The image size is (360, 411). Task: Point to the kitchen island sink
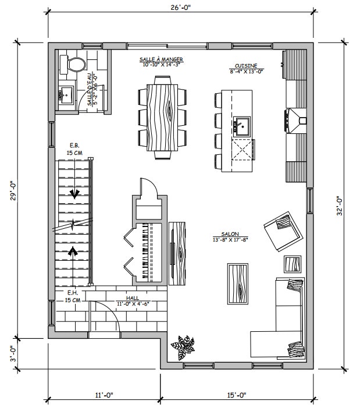[x=241, y=126]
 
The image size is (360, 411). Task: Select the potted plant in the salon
[x=183, y=347]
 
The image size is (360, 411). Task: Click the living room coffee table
[x=238, y=284]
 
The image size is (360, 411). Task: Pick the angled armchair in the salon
[x=283, y=231]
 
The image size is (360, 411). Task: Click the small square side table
[x=293, y=264]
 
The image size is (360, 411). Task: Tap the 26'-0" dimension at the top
[x=181, y=8]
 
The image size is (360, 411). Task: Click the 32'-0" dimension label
[x=339, y=206]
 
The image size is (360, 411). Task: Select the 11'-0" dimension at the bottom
[x=104, y=395]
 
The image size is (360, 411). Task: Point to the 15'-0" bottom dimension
[x=237, y=395]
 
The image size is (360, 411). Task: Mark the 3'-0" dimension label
[x=13, y=353]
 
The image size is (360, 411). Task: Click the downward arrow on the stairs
[x=74, y=194]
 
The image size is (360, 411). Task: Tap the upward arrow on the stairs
[x=73, y=251]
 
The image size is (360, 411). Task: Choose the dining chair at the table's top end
[x=162, y=80]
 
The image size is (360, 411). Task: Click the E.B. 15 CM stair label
[x=74, y=149]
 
